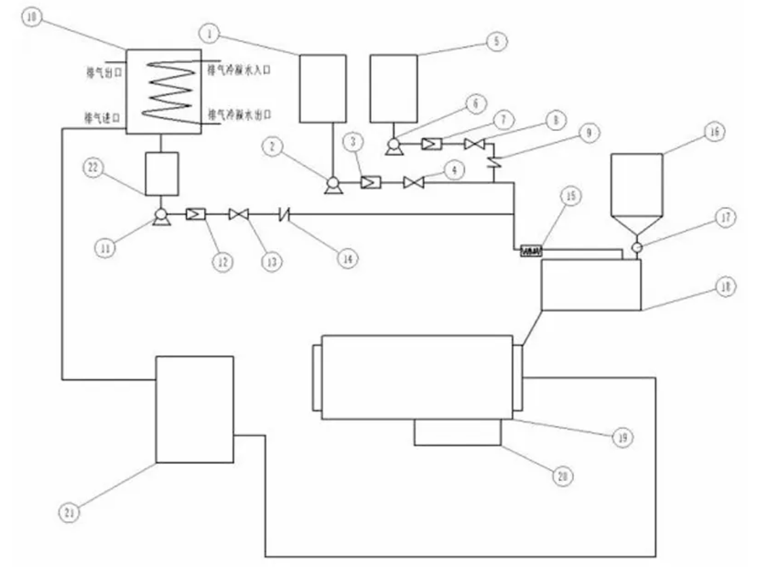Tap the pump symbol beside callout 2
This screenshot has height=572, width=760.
click(x=332, y=184)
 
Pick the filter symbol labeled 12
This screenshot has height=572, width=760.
click(x=195, y=215)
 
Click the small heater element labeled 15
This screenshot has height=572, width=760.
click(x=530, y=252)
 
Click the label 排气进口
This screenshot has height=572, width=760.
click(x=102, y=117)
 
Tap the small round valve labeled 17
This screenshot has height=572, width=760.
click(x=636, y=248)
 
